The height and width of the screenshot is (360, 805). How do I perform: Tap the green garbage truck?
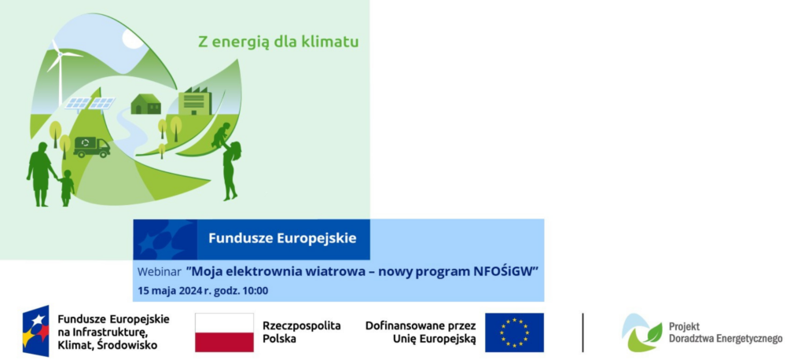pos(91,147)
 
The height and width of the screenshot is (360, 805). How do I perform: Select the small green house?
pos(145,104)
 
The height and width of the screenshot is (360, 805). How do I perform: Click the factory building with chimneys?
pos(195,101)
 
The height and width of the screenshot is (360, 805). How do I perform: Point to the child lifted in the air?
pos(221,135)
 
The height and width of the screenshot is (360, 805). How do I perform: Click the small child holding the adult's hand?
pos(66,188)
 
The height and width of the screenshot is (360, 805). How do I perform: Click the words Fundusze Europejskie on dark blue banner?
pos(282,238)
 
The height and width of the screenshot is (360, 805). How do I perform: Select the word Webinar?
pos(159,272)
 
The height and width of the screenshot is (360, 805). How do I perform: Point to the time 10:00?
pos(255,291)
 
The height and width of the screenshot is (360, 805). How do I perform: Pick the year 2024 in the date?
pos(190,291)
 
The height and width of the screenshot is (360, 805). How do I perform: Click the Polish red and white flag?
pos(224,332)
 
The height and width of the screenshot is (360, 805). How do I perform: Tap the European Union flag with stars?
pos(514,332)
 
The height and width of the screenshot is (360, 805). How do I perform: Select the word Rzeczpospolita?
pos(302,325)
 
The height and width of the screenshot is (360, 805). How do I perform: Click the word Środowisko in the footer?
pos(130,345)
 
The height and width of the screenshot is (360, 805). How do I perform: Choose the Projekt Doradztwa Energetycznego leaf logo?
pos(641,332)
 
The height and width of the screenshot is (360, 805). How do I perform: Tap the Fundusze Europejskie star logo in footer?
pos(36,331)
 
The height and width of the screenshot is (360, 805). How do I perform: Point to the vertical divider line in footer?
pos(583,332)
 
